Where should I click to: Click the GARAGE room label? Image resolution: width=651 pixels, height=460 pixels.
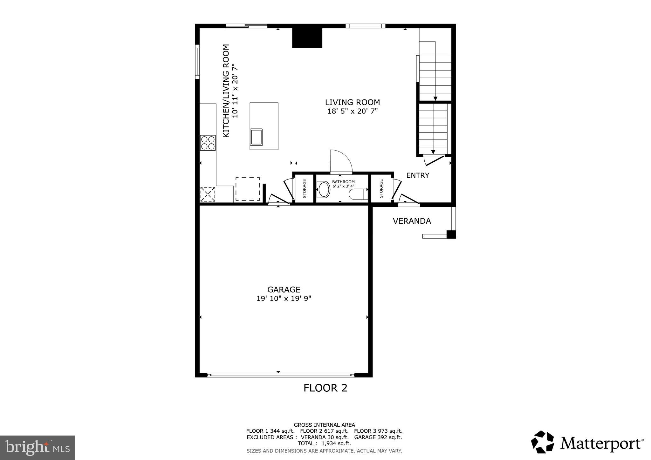point(284,290)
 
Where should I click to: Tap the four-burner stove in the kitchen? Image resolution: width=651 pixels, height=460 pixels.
point(208,143)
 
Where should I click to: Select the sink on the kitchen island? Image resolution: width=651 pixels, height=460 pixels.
point(256,137)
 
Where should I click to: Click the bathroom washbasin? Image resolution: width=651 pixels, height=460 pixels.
point(324,190)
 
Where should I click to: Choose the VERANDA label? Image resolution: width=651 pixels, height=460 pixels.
point(412,221)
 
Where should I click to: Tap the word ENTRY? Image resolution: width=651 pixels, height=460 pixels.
point(418,175)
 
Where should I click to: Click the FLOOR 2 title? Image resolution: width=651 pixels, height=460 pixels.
point(325,388)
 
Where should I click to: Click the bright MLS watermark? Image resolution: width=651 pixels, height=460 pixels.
point(37,448)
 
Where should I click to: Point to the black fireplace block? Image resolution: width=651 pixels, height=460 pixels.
point(307,38)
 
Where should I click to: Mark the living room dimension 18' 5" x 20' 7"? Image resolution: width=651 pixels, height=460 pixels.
point(352,112)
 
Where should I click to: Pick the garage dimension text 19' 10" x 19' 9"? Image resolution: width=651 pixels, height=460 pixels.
point(284,299)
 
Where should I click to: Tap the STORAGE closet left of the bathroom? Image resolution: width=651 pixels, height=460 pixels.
point(304,189)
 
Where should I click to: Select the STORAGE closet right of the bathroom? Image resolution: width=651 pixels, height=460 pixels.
point(381,189)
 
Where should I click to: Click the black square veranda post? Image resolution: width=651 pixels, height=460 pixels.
point(451,234)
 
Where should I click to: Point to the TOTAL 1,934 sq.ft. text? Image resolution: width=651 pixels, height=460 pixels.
point(324,443)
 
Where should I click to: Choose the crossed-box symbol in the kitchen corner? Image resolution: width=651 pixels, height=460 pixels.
point(208,194)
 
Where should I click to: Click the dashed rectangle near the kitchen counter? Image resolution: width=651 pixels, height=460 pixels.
point(248,189)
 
